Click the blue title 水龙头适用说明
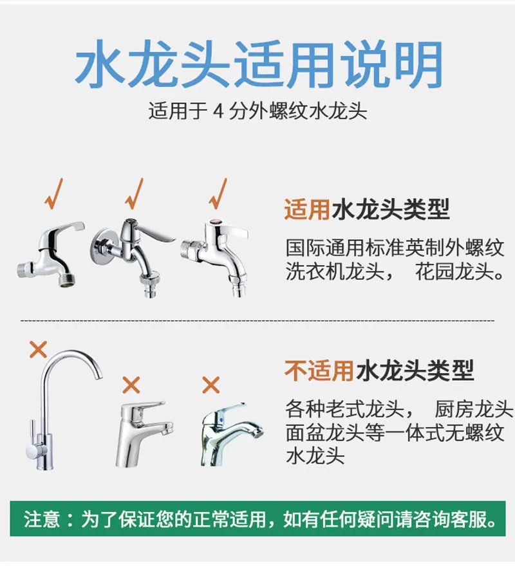(259, 64)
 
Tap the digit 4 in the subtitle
(218, 111)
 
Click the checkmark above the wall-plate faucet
(135, 194)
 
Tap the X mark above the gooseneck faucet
(39, 349)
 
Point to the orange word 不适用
(319, 370)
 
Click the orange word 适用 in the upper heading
(307, 210)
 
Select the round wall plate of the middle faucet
(102, 244)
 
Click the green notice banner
(257, 518)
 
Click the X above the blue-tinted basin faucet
(211, 385)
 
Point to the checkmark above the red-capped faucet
(218, 194)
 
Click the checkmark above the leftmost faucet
(54, 194)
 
